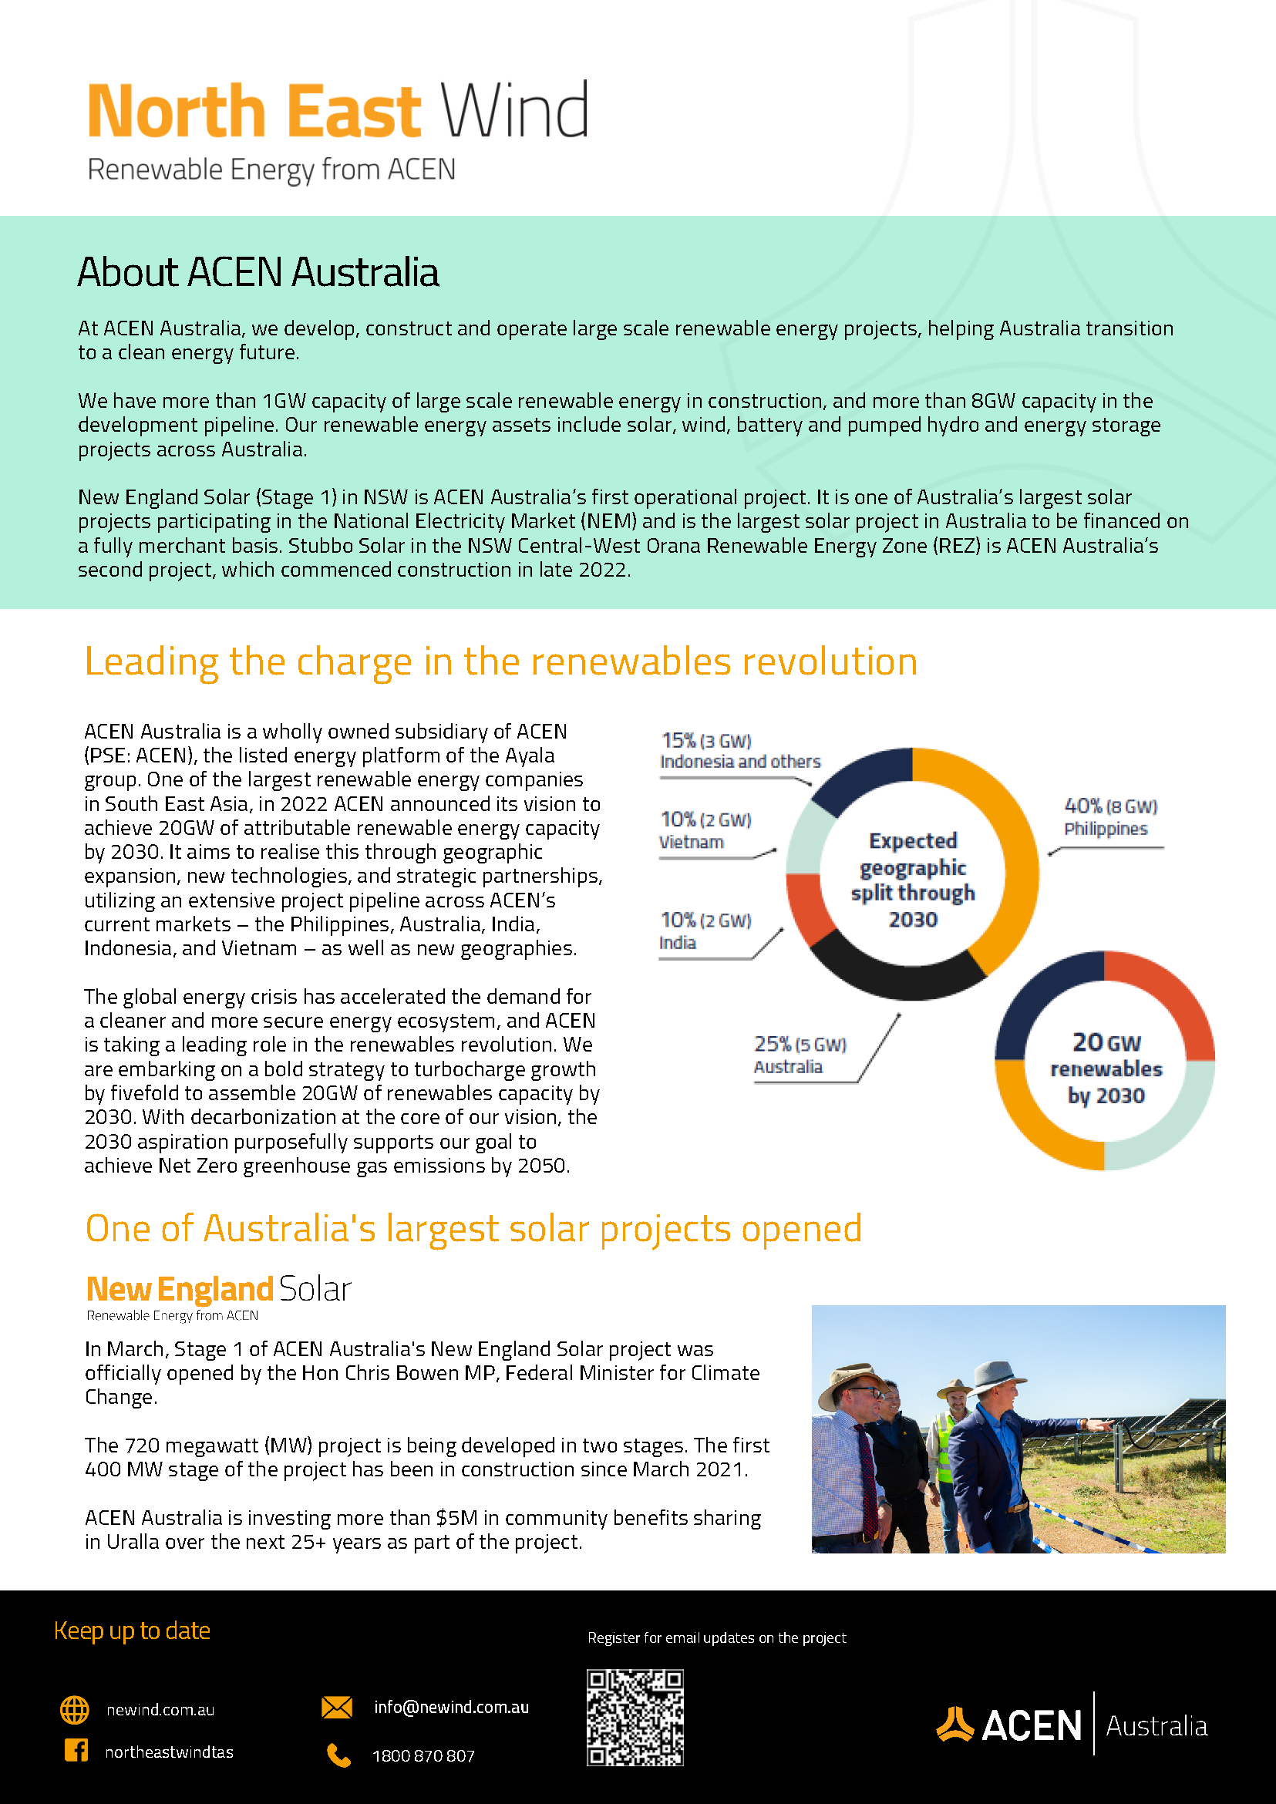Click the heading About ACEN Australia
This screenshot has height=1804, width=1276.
(x=258, y=272)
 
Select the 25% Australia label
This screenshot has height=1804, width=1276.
(x=799, y=1055)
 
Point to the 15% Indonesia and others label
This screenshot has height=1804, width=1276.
(x=739, y=751)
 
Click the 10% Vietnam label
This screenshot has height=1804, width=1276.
(x=705, y=830)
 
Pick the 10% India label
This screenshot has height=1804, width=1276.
(x=705, y=931)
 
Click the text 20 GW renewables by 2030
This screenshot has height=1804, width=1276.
(x=1106, y=1068)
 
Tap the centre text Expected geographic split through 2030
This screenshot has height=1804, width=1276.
(x=912, y=880)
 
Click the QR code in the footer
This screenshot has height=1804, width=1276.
(x=635, y=1718)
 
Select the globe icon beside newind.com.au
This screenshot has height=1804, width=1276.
(x=75, y=1710)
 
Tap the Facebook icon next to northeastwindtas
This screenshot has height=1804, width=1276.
(x=76, y=1750)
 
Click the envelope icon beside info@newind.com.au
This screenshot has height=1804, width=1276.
(x=337, y=1708)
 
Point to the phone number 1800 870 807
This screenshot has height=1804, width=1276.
(x=423, y=1756)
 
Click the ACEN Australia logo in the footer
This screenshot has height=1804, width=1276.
(x=1072, y=1725)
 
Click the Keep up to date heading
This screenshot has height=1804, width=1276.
(x=132, y=1631)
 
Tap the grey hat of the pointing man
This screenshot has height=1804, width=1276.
(x=995, y=1375)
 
